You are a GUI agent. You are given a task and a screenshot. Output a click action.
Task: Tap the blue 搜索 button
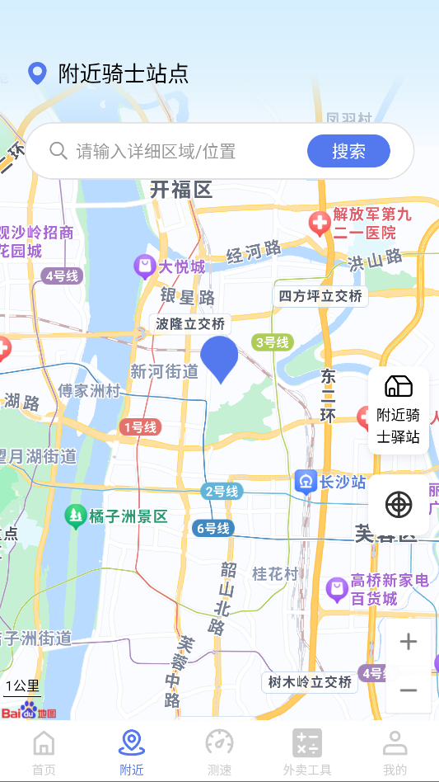pyautogui.click(x=348, y=151)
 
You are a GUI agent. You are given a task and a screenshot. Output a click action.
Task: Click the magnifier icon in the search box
pyautogui.click(x=58, y=150)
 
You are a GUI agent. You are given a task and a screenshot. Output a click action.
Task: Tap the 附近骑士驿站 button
pyautogui.click(x=399, y=410)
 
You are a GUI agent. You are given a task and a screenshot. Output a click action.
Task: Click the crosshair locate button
pyautogui.click(x=399, y=504)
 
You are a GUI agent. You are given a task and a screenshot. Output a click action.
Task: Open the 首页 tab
pyautogui.click(x=44, y=752)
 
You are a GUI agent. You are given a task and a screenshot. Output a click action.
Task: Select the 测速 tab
pyautogui.click(x=219, y=752)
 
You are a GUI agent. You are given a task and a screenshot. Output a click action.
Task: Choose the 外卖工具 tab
pyautogui.click(x=307, y=752)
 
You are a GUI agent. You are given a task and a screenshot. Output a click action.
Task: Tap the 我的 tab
pyautogui.click(x=395, y=752)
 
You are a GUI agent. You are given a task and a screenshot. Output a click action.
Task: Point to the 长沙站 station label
pyautogui.click(x=331, y=482)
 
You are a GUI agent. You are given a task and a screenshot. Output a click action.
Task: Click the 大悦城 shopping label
pyautogui.click(x=170, y=266)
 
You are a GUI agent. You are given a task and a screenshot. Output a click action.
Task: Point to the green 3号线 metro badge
pyautogui.click(x=272, y=342)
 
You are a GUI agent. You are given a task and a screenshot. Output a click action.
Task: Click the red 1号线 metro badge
pyautogui.click(x=139, y=426)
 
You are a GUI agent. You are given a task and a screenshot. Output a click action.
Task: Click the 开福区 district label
pyautogui.click(x=181, y=190)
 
